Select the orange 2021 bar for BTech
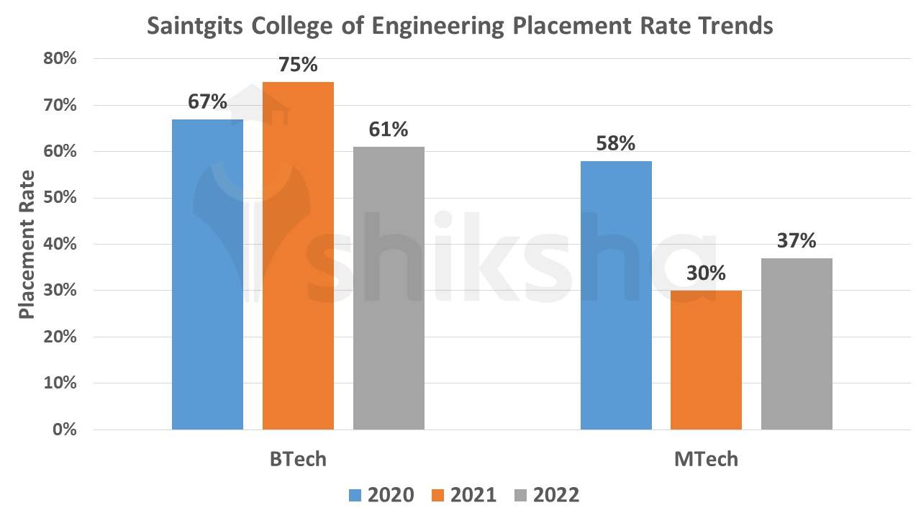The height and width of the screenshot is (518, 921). (x=298, y=256)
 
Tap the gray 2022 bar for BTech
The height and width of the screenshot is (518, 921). (x=389, y=288)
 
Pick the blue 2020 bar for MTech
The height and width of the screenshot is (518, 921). (x=616, y=296)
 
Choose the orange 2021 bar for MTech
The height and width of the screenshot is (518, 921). (x=706, y=360)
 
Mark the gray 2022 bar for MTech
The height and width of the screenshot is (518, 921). (x=797, y=344)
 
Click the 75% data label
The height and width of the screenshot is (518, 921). (x=298, y=65)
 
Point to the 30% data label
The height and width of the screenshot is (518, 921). (x=706, y=273)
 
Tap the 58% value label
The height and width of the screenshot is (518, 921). (x=616, y=144)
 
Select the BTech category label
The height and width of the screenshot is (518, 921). (x=298, y=459)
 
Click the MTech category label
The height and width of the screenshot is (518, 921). (x=706, y=459)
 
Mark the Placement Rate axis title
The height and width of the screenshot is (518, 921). (x=27, y=245)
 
